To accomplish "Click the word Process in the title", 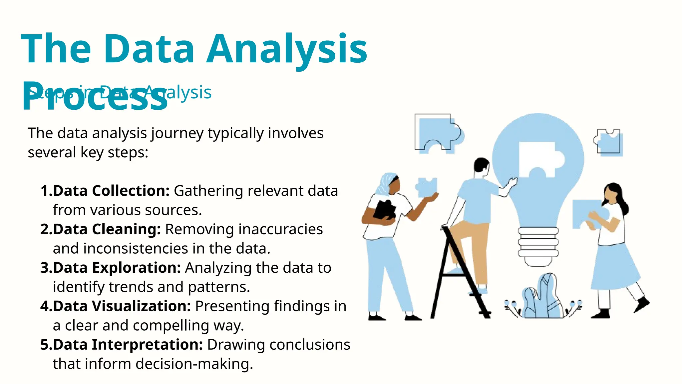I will point(95,97).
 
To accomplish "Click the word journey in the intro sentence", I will point(177,133).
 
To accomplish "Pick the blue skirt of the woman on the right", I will point(614,267).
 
